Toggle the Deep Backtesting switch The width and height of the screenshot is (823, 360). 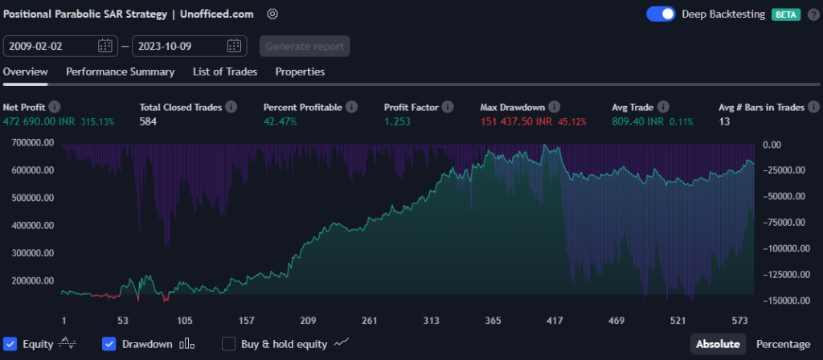[661, 14]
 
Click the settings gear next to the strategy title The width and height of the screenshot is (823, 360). [272, 14]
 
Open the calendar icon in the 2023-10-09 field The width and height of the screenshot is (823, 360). [234, 46]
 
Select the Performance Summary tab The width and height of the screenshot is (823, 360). [120, 72]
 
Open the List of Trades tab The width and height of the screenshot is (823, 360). [225, 72]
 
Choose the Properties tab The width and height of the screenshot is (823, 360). [300, 72]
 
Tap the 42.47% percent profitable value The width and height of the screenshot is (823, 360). [280, 121]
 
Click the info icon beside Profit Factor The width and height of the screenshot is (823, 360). [448, 107]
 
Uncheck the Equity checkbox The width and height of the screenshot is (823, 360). [10, 344]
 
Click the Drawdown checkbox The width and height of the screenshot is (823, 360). [110, 344]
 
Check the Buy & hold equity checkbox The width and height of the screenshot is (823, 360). [229, 344]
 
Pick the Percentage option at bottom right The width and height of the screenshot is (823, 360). [783, 344]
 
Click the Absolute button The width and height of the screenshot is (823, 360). [718, 344]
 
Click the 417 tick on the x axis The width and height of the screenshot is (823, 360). [555, 321]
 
